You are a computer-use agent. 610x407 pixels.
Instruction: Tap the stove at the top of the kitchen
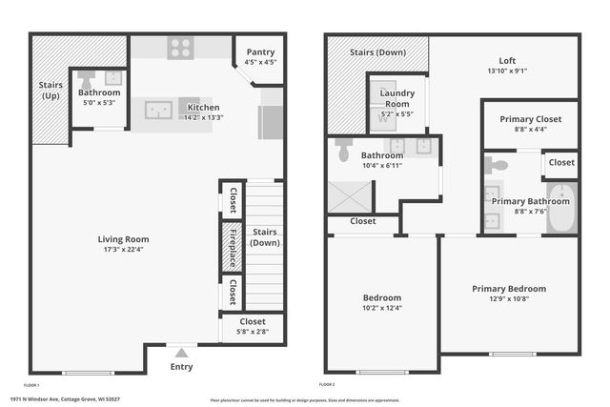(x=180, y=47)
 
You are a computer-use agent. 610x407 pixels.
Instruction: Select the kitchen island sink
(x=158, y=110)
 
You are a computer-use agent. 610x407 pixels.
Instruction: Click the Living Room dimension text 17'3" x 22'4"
(x=124, y=251)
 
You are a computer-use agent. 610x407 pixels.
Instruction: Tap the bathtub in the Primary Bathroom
(x=562, y=210)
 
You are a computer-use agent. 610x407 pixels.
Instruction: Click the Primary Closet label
(x=530, y=118)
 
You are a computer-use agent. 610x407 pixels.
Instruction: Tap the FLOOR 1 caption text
(x=31, y=384)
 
